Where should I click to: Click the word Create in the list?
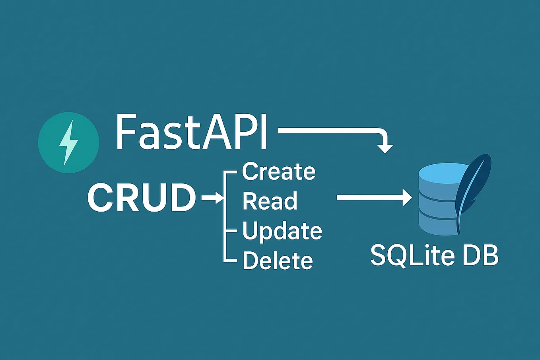(x=278, y=172)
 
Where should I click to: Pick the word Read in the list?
(x=270, y=201)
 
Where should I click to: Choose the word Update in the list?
(x=282, y=231)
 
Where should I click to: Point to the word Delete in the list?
(x=278, y=261)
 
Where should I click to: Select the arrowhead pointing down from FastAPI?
(x=385, y=149)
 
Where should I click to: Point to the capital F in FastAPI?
(x=124, y=131)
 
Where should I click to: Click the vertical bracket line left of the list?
(x=225, y=217)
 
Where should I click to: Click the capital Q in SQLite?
(x=402, y=255)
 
